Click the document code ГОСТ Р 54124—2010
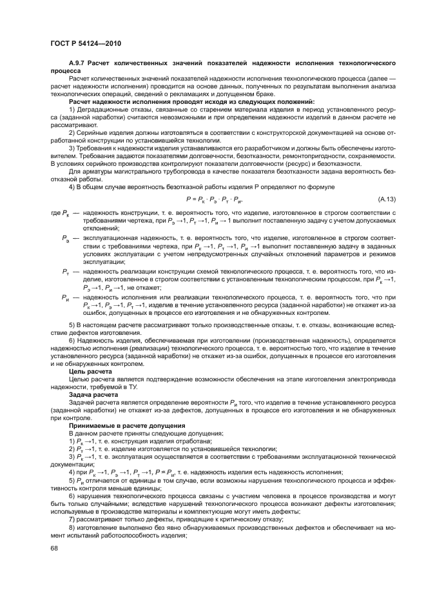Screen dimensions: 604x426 click(x=86, y=44)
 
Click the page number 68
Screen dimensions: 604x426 click(x=55, y=548)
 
